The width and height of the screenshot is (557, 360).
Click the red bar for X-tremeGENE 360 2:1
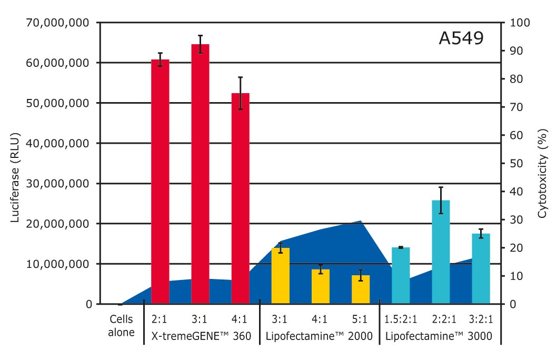(160, 182)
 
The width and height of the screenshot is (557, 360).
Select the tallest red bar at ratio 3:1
(200, 174)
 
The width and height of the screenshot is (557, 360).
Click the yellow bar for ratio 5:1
(361, 289)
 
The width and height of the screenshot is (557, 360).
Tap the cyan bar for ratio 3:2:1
(481, 268)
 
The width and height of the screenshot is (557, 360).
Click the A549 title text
(461, 39)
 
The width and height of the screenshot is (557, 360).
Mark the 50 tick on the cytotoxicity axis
(513, 163)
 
